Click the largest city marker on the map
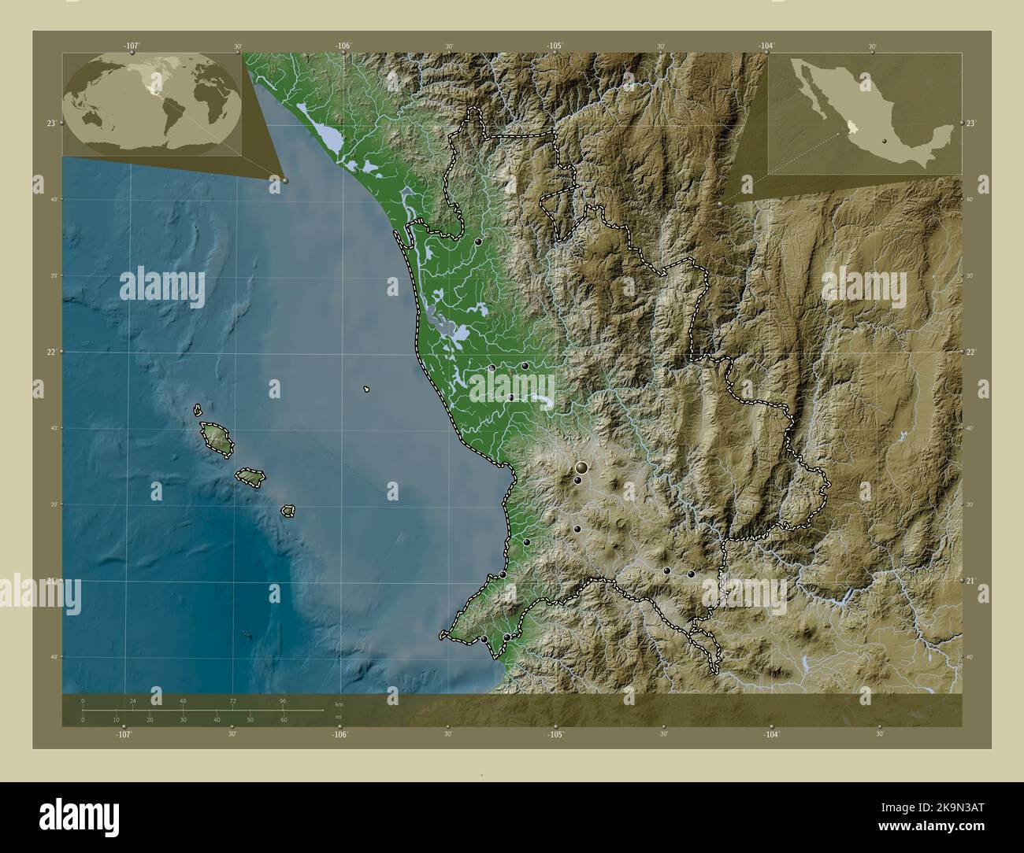click(x=581, y=469)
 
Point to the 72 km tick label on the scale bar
click(x=233, y=700)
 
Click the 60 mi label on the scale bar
click(x=284, y=720)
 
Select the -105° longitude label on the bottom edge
click(x=555, y=734)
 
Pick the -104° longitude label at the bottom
click(x=771, y=734)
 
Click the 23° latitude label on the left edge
click(x=50, y=124)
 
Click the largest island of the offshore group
click(x=216, y=438)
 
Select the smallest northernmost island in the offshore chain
click(x=198, y=410)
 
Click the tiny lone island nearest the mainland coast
click(x=367, y=389)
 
